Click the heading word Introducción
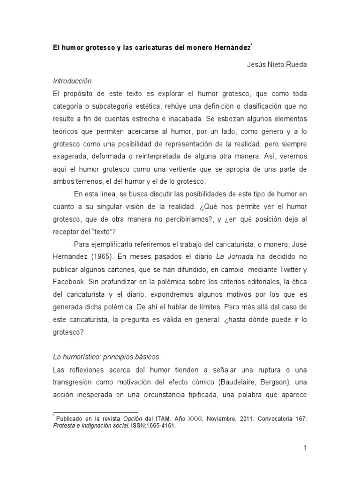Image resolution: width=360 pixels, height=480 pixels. click(72, 81)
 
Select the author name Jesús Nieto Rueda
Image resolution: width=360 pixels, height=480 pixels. click(277, 65)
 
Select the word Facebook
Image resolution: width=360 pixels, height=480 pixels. click(69, 282)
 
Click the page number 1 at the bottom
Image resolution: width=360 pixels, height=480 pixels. click(304, 449)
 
